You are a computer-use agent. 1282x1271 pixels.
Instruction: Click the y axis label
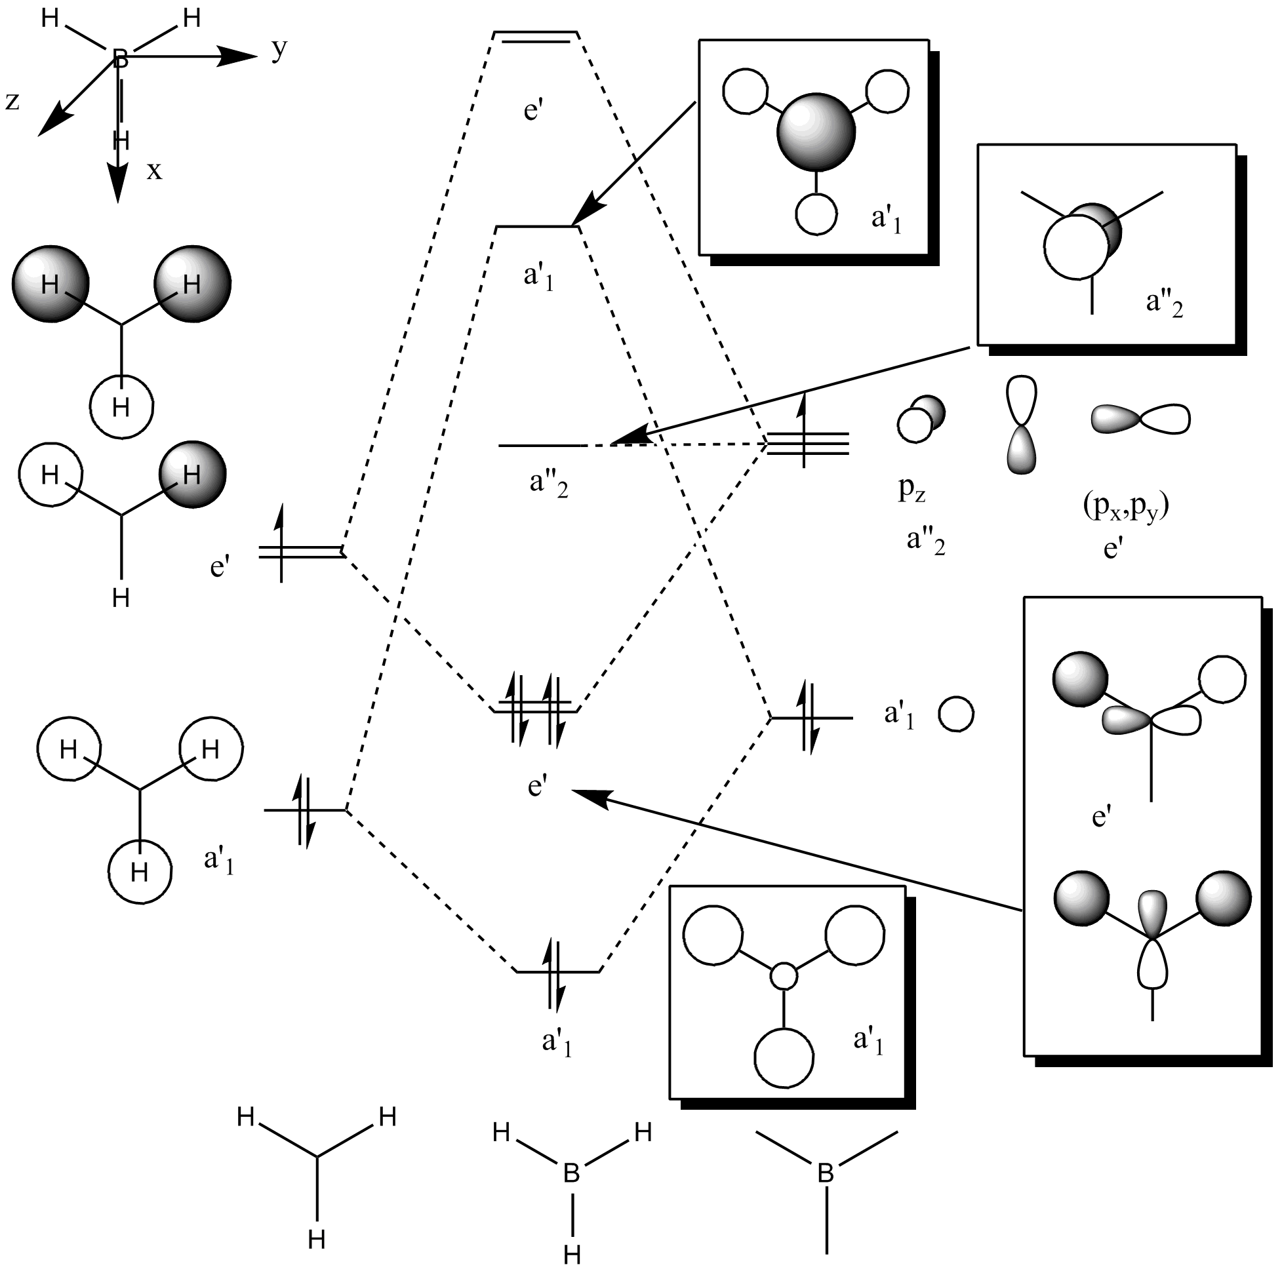pos(280,50)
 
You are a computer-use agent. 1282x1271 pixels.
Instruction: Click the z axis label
pos(12,102)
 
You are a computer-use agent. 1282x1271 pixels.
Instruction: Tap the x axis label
pos(155,171)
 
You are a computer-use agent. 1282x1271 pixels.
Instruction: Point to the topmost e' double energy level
pos(536,37)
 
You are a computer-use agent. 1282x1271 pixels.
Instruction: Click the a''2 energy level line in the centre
pos(541,446)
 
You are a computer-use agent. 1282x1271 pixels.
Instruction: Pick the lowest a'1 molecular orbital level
pos(558,972)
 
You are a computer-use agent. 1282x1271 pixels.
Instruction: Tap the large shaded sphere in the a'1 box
pos(817,132)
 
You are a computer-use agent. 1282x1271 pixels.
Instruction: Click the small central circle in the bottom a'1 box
pos(784,977)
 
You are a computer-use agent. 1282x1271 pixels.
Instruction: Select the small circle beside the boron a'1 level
pos(956,714)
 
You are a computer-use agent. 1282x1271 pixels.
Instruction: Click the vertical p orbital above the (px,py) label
pos(1022,425)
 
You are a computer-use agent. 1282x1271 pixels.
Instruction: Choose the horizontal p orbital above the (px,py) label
pos(1141,419)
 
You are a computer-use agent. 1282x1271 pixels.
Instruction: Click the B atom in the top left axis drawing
pos(120,59)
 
